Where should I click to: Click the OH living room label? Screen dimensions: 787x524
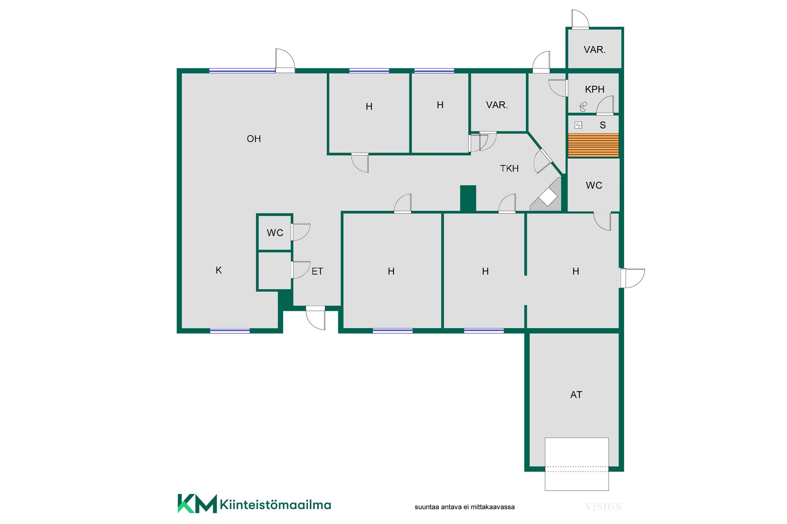(x=254, y=139)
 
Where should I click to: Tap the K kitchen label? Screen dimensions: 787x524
(x=219, y=270)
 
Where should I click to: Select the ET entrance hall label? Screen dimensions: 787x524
(x=317, y=271)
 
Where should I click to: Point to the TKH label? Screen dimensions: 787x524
(x=509, y=168)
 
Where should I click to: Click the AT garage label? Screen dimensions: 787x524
(x=576, y=395)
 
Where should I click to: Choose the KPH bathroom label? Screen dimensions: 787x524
(x=595, y=89)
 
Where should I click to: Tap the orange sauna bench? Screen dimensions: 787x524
(x=593, y=145)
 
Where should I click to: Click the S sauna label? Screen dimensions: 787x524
(x=603, y=125)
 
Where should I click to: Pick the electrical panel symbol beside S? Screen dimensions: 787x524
(x=578, y=125)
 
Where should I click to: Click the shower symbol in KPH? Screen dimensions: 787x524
(x=583, y=107)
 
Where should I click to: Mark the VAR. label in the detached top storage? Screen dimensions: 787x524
(x=595, y=50)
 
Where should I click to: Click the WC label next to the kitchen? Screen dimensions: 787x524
(x=275, y=233)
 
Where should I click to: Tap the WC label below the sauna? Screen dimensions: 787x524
(x=594, y=185)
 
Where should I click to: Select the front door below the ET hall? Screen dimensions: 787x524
(x=316, y=318)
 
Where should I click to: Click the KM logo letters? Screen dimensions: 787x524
(x=197, y=503)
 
